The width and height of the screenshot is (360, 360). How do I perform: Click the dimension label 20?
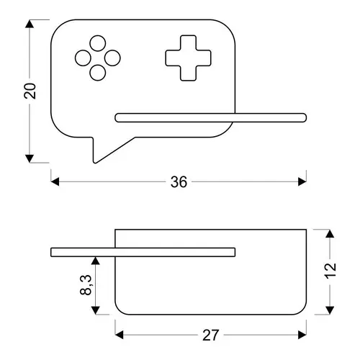pos(30,91)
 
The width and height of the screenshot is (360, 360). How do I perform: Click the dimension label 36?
pos(179,181)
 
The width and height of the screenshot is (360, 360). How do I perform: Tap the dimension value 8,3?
pos(86,285)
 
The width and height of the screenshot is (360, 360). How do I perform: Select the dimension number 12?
pos(330,271)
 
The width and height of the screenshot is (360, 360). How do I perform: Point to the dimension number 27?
pos(211,335)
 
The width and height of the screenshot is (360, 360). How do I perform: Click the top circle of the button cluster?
pos(98,43)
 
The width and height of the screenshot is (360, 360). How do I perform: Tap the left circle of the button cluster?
pos(83,58)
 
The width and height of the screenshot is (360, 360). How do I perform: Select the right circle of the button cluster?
pos(112,58)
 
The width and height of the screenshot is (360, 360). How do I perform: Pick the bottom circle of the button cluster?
pos(98,73)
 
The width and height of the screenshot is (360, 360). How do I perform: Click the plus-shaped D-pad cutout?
pos(189,58)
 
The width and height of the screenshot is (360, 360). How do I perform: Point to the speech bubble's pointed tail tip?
pos(95,163)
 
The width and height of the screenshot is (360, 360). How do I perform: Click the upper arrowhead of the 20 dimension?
pos(30,24)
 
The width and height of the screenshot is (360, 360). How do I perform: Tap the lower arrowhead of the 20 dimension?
pos(30,158)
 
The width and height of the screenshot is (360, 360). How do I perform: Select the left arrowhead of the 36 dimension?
pos(55,181)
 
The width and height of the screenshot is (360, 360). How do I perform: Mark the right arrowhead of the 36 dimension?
pos(302,181)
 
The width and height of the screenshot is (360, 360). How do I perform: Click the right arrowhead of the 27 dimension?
pos(302,335)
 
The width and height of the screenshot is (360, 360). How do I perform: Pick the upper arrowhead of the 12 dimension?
pos(330,233)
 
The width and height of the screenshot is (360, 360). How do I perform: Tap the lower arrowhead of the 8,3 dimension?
pos(96,310)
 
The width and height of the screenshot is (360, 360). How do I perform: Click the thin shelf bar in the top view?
pos(211,118)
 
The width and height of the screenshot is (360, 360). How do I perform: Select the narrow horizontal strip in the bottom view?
pos(143,252)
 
